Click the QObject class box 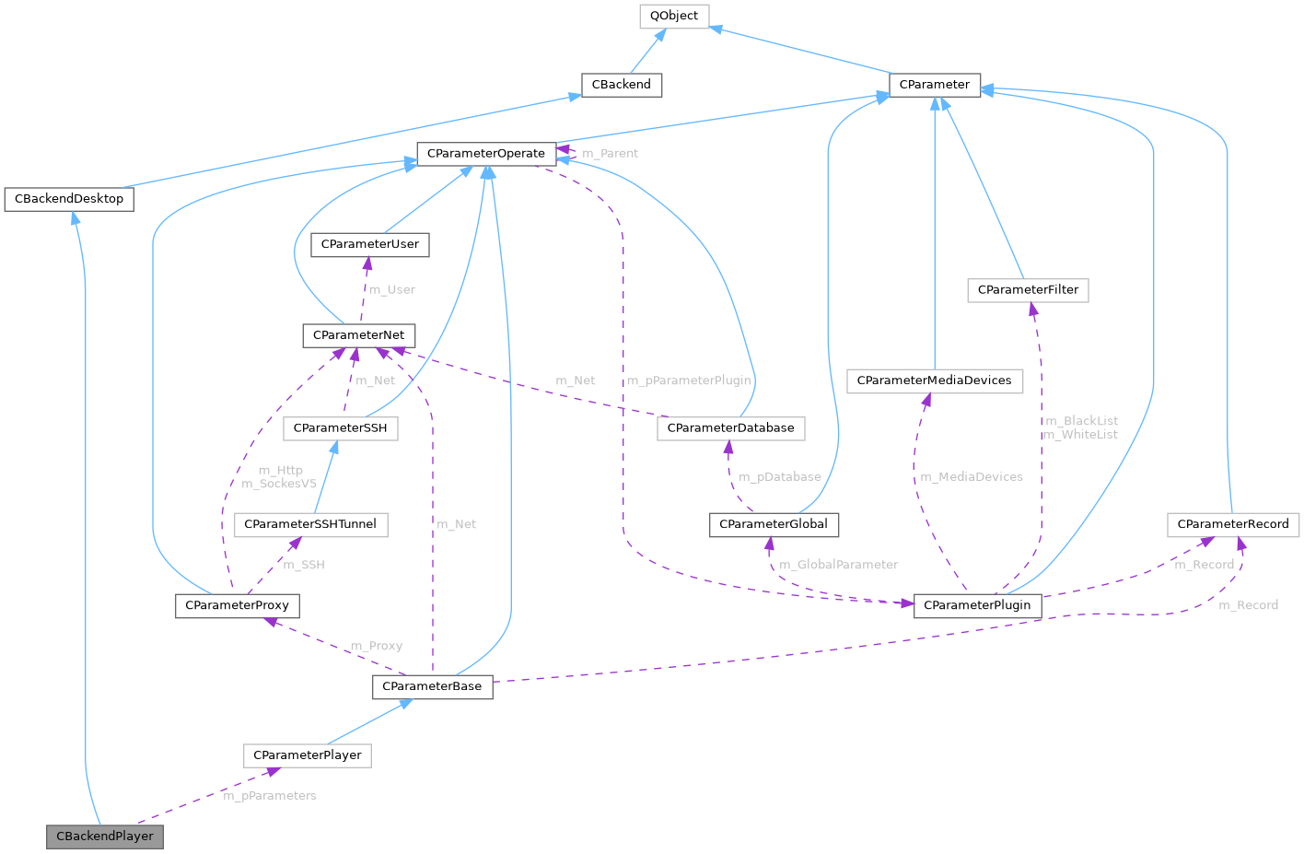(674, 16)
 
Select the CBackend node (622, 85)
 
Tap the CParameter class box (934, 85)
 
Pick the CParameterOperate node (486, 153)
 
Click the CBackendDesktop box (69, 199)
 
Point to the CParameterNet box (359, 335)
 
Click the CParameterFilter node (1028, 290)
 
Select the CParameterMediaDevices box (934, 380)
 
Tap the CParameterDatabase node (730, 428)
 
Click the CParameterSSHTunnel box (310, 524)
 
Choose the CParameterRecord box (1233, 524)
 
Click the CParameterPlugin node (977, 605)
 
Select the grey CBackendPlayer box (105, 836)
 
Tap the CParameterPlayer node (308, 755)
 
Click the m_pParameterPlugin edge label (689, 380)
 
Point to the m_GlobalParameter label (838, 565)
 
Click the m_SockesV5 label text (279, 484)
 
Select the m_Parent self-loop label (610, 154)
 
